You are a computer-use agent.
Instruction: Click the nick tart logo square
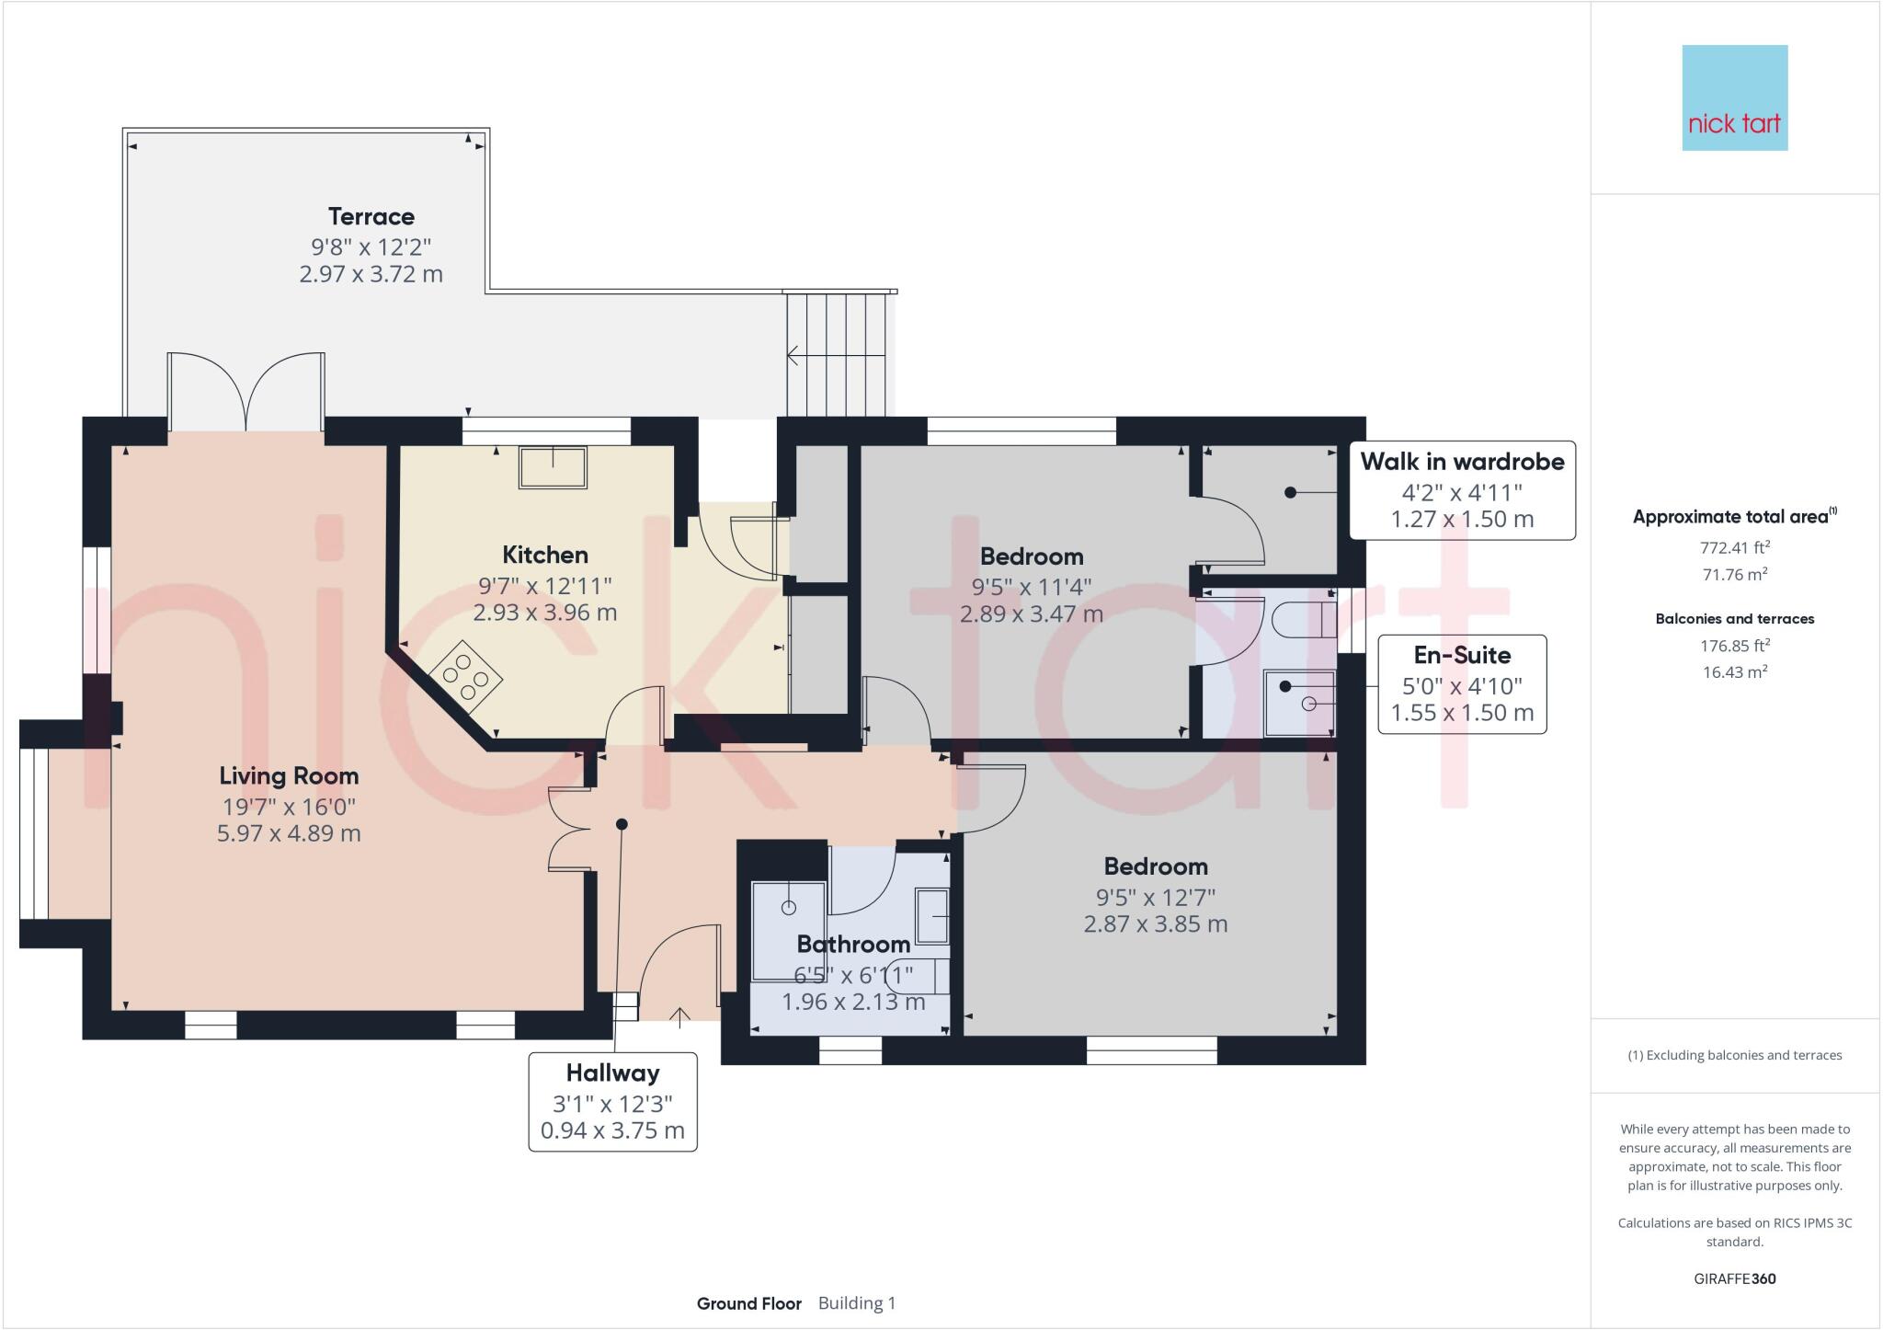(x=1734, y=98)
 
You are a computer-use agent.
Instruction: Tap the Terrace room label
(x=371, y=217)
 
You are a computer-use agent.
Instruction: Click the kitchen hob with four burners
(x=466, y=679)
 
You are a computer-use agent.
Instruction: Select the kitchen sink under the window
(x=553, y=467)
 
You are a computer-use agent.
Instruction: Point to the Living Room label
(x=289, y=776)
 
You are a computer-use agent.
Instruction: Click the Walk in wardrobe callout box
(x=1462, y=489)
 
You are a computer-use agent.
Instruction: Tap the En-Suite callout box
(x=1462, y=683)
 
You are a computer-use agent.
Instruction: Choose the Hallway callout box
(x=612, y=1101)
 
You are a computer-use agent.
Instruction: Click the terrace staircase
(x=839, y=354)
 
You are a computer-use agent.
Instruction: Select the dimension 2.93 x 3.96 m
(x=544, y=613)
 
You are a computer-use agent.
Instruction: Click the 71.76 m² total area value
(x=1734, y=574)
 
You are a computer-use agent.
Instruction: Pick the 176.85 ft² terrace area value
(x=1734, y=646)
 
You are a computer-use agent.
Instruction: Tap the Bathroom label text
(x=853, y=945)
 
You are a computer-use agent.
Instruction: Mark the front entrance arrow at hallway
(x=679, y=1016)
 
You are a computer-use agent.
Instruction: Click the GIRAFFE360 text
(x=1734, y=1278)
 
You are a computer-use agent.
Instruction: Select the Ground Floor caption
(x=748, y=1303)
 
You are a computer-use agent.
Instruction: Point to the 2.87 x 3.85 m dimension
(x=1155, y=924)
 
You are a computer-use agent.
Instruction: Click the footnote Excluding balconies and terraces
(x=1734, y=1055)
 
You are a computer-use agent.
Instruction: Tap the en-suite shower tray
(x=1300, y=704)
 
